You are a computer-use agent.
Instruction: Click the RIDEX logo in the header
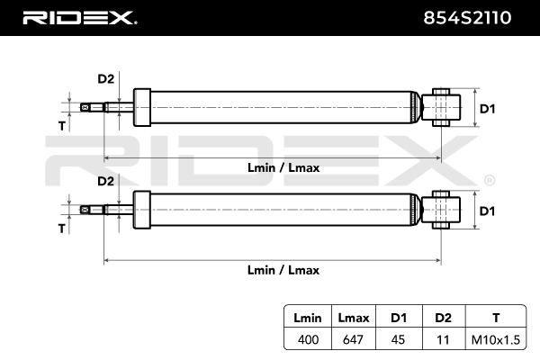[x=79, y=18]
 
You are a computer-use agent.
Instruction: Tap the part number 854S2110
[x=467, y=18]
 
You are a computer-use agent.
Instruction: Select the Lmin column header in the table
[x=308, y=318]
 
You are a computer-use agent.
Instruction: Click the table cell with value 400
[x=308, y=339]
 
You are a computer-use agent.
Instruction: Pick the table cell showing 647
[x=353, y=339]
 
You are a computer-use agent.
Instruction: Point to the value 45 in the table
[x=398, y=339]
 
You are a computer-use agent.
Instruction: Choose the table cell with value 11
[x=443, y=339]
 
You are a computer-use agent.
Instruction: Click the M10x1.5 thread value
[x=496, y=340]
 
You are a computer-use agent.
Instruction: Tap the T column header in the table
[x=496, y=318]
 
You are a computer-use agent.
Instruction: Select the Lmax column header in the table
[x=354, y=318]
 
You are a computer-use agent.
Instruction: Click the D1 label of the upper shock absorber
[x=487, y=109]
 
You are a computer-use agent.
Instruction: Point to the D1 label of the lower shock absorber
[x=487, y=211]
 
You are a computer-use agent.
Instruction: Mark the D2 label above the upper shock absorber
[x=105, y=79]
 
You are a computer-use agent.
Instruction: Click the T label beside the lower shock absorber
[x=61, y=229]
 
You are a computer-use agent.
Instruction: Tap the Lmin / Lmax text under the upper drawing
[x=283, y=167]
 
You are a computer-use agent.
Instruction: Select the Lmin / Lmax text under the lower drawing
[x=283, y=270]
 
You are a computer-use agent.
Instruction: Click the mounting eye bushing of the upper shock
[x=441, y=107]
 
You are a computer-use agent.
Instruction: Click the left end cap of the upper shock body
[x=142, y=107]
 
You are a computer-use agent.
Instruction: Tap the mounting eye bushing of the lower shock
[x=441, y=210]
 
